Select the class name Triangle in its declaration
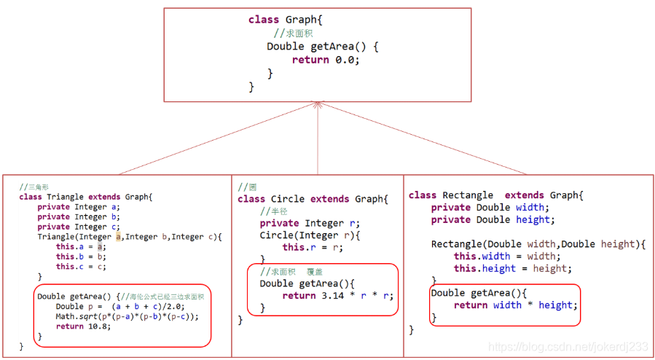[66, 197]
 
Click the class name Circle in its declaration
[288, 199]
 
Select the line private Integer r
[310, 223]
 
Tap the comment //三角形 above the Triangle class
[34, 187]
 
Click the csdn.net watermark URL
[568, 348]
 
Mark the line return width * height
[515, 305]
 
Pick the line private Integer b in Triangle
[72, 216]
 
